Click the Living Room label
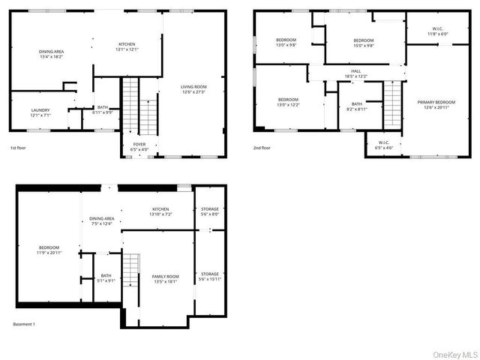193,89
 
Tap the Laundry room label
40,112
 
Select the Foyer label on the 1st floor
139,146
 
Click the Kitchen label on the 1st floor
126,46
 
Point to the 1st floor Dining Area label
52,53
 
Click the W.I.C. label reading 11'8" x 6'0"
437,31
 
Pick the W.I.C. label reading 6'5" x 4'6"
384,145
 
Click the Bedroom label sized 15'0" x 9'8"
364,42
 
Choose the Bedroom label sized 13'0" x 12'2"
289,102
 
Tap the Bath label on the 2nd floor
357,106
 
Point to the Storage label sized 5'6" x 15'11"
210,276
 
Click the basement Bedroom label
49,250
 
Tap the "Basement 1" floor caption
24,324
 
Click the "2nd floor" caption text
262,148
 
